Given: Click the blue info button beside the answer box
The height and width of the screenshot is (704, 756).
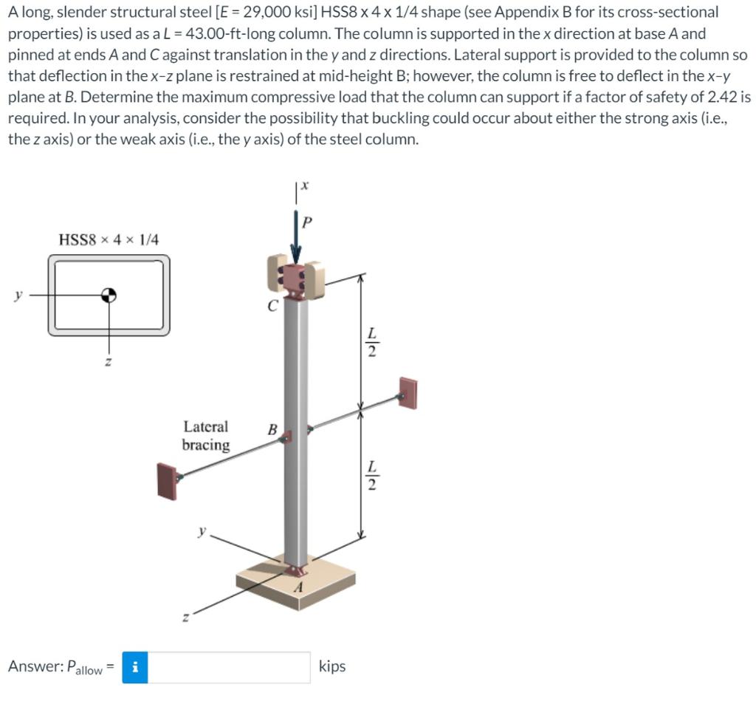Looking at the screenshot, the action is pos(135,667).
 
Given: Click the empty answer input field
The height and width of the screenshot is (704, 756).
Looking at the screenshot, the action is pos(229,667).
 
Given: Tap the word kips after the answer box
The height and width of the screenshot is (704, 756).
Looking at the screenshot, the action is pos(332,666).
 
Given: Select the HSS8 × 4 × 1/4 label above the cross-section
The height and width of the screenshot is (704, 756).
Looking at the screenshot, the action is pos(109,239).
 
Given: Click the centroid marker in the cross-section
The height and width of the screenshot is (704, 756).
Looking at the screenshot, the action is pos(109,295).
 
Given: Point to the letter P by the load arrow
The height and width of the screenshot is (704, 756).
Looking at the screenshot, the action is pos(307,222).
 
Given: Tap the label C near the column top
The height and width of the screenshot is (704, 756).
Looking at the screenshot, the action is pos(272,306).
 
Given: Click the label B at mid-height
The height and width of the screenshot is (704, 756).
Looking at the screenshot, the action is pos(272,429).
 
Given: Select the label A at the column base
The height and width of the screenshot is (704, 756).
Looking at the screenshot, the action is pos(299,587).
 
